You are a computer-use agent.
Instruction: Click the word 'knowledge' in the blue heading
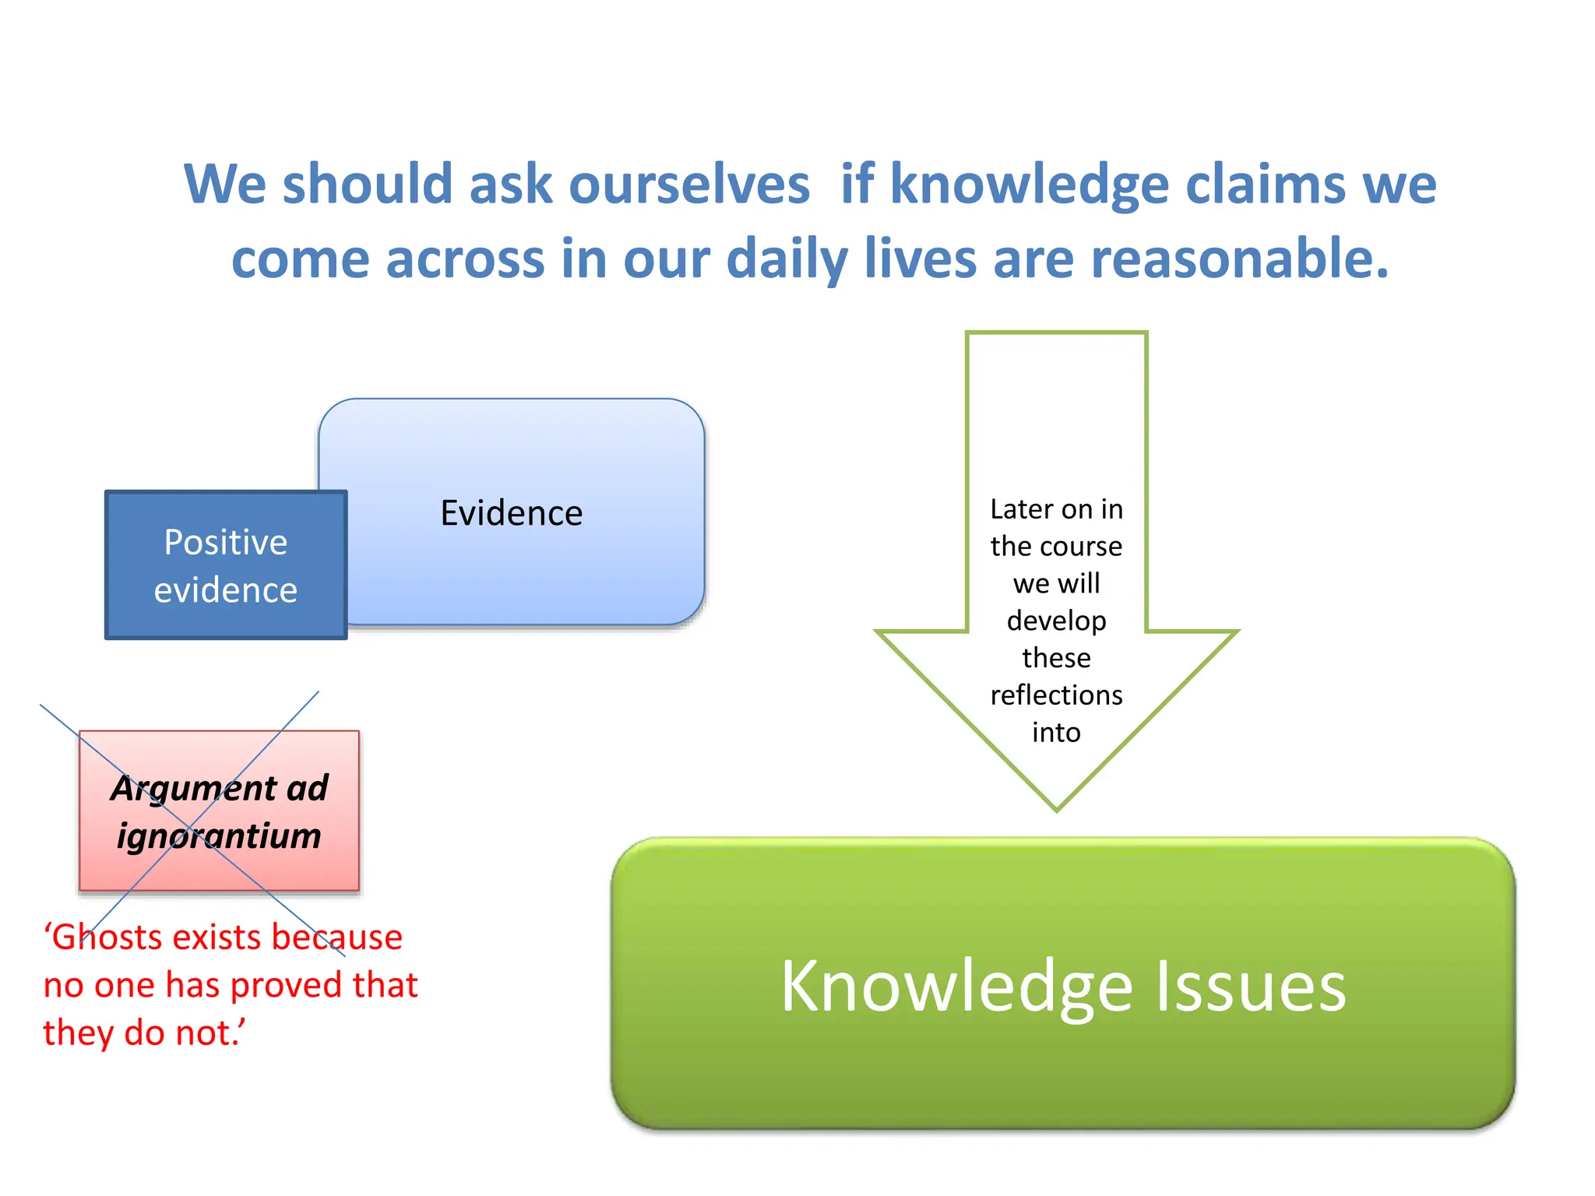pyautogui.click(x=1029, y=185)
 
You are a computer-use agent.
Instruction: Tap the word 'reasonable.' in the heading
pyautogui.click(x=1239, y=259)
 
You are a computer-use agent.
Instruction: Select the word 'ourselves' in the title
pyautogui.click(x=689, y=185)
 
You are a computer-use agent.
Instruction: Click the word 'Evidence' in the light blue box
pyautogui.click(x=511, y=513)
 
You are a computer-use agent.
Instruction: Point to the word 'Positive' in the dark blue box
pyautogui.click(x=225, y=542)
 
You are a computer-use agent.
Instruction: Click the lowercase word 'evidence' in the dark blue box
pyautogui.click(x=225, y=590)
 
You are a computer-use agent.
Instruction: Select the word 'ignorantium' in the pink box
pyautogui.click(x=219, y=836)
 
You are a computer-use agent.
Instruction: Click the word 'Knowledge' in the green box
pyautogui.click(x=956, y=987)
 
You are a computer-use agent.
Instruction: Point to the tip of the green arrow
pyautogui.click(x=1056, y=809)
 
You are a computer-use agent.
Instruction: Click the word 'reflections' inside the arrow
pyautogui.click(x=1056, y=695)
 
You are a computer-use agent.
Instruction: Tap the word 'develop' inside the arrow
pyautogui.click(x=1056, y=621)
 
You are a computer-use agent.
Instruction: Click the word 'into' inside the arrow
pyautogui.click(x=1056, y=733)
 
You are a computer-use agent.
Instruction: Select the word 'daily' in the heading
pyautogui.click(x=787, y=259)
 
